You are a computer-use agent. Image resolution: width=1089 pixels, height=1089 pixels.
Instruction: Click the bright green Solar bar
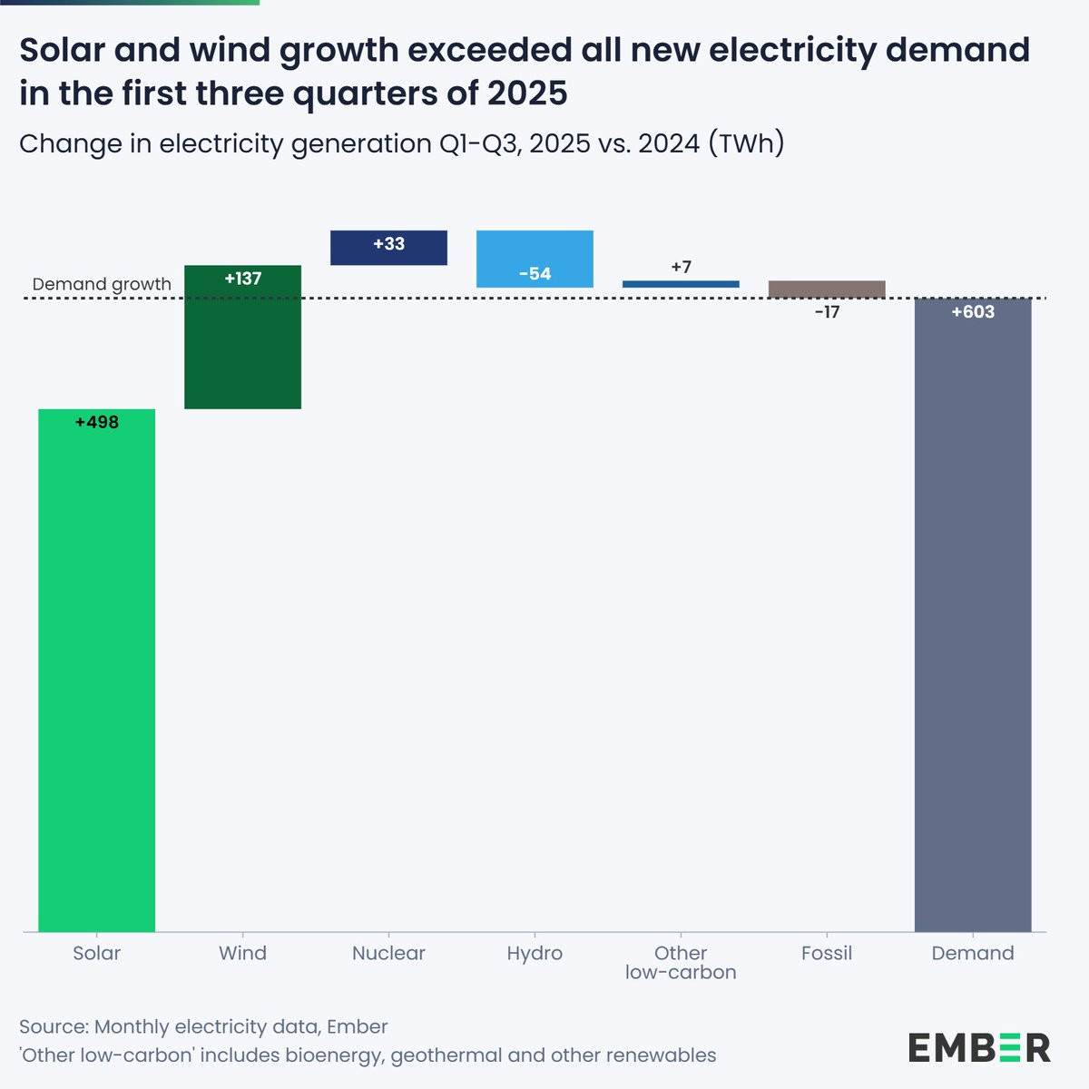click(x=96, y=672)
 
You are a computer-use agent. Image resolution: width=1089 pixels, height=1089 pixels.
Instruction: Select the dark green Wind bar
click(x=242, y=345)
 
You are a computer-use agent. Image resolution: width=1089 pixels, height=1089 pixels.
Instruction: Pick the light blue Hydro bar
click(x=535, y=259)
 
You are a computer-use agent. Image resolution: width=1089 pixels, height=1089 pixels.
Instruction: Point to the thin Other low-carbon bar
click(x=681, y=284)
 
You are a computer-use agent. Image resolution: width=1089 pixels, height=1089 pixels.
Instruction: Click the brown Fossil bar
click(x=827, y=289)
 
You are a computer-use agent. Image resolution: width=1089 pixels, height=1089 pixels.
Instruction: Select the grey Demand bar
click(x=973, y=617)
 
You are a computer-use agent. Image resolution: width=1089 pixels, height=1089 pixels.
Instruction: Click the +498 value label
click(x=97, y=422)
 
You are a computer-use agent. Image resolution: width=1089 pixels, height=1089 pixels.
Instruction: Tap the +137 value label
click(x=242, y=279)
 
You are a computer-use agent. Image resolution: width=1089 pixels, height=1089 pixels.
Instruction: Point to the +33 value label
click(x=388, y=244)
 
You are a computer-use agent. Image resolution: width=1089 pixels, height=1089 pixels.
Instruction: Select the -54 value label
click(x=535, y=274)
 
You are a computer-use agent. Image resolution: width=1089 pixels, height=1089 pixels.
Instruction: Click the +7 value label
click(x=681, y=267)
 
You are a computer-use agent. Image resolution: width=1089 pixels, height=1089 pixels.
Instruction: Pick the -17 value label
click(x=827, y=312)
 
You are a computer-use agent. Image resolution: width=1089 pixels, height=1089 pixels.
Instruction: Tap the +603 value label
click(x=973, y=312)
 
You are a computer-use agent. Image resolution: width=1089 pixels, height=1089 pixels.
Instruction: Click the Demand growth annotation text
click(x=102, y=284)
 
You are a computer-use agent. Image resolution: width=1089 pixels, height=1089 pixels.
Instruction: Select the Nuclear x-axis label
click(x=388, y=953)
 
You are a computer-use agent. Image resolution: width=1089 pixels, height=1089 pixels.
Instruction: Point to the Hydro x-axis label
click(x=535, y=953)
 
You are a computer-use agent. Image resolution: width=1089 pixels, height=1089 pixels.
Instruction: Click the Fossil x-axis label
click(x=827, y=953)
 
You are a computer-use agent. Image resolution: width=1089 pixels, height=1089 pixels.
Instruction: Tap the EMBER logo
click(x=979, y=1047)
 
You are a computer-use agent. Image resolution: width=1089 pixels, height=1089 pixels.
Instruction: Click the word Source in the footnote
click(x=52, y=1026)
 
